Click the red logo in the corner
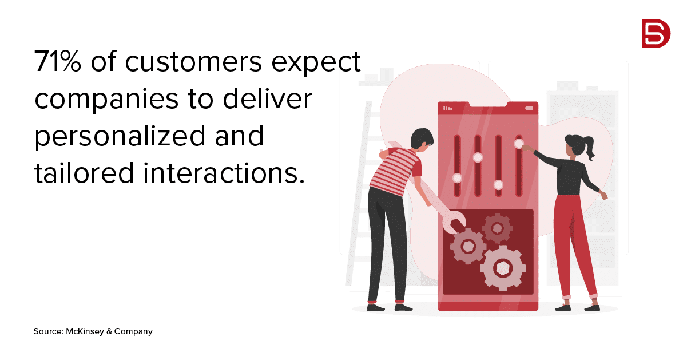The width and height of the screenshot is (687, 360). pos(656,33)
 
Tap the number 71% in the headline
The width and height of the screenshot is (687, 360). pos(58,62)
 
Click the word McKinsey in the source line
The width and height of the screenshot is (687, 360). pos(86,331)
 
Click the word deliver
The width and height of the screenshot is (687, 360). pos(268,98)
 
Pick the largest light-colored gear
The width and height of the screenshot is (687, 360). pos(503,268)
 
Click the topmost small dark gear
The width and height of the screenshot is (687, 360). pos(497,228)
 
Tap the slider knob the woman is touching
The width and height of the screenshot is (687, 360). pos(519,144)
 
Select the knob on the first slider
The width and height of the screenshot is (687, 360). pos(457,178)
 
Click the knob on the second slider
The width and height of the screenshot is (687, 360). pos(478,158)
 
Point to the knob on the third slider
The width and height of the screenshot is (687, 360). pos(498,185)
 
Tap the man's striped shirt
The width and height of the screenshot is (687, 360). pos(396,171)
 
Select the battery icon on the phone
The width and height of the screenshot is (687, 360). pos(529,108)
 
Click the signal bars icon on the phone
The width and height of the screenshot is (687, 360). pos(448,108)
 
